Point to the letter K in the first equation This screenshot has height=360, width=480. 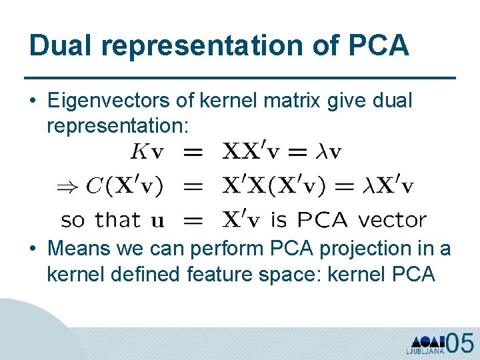point(139,152)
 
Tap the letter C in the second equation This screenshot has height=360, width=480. point(94,186)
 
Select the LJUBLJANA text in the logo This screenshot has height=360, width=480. point(425,350)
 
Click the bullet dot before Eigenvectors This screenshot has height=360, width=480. point(33,101)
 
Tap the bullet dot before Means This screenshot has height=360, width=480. point(33,249)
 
